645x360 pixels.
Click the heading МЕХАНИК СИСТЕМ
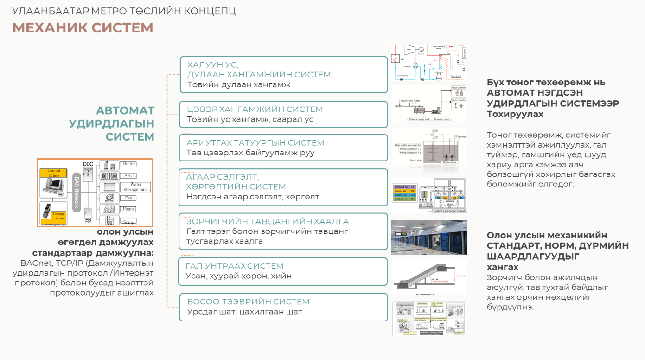click(x=83, y=28)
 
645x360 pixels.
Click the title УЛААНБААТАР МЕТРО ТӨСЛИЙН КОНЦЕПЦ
click(x=124, y=11)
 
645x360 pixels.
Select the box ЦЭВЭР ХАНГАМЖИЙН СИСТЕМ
click(x=283, y=114)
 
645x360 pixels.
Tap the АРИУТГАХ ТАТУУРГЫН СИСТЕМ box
click(x=283, y=148)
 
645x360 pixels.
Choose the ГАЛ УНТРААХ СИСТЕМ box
click(x=283, y=271)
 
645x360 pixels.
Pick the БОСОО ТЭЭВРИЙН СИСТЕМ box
click(x=283, y=307)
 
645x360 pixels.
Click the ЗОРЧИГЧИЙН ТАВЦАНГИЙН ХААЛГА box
click(x=283, y=231)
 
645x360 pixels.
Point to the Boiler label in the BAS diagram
click(x=129, y=164)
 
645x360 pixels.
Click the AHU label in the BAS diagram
click(x=128, y=176)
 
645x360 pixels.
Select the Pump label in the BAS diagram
click(x=128, y=209)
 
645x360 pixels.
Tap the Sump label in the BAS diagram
click(x=128, y=222)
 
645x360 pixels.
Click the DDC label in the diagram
click(x=88, y=164)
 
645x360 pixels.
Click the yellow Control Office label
click(x=54, y=173)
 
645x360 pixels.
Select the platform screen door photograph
click(x=429, y=238)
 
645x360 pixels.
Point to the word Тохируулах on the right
click(x=515, y=114)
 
